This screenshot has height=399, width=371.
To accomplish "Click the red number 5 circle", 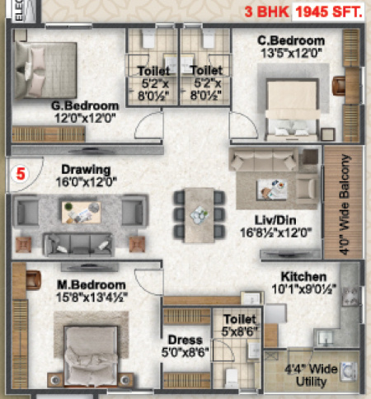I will pos(21,174).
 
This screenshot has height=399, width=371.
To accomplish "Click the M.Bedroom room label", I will pos(85,285).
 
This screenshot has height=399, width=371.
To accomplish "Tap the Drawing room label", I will pos(79,169).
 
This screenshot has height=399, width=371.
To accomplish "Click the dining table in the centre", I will pos(198,213).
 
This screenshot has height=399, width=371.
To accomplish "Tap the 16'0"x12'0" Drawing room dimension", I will pos(80,181).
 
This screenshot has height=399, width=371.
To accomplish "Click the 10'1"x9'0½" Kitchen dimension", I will pos(304,289).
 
